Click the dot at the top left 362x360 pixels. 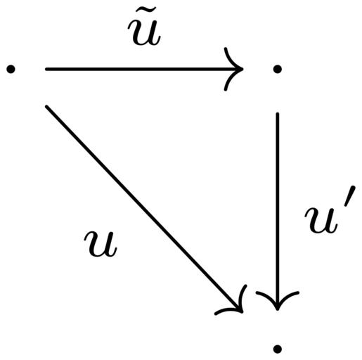tap(11, 69)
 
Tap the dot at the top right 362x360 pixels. tap(278, 69)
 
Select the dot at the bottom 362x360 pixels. tap(278, 349)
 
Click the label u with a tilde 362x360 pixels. tap(144, 29)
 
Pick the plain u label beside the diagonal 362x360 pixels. tap(100, 243)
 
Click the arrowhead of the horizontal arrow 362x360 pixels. tap(233, 69)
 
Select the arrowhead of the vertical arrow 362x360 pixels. tap(278, 300)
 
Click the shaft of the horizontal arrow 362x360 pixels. tap(144, 69)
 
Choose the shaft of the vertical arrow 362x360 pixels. tap(278, 211)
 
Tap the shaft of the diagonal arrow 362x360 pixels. tap(144, 209)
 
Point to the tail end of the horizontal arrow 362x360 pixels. tap(46, 69)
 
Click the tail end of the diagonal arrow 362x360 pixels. tap(46, 107)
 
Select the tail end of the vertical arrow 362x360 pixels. tap(278, 114)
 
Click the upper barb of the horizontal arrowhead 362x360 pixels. tap(231, 58)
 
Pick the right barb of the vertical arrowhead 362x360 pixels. tap(289, 298)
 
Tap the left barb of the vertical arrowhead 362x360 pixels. tap(266, 298)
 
